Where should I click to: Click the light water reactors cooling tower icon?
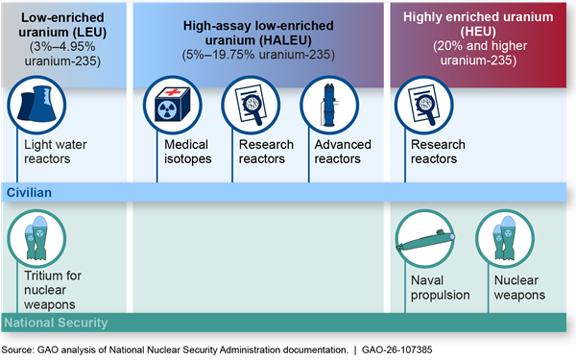point(36,105)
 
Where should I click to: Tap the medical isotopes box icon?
point(172,105)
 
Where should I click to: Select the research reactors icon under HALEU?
point(251,105)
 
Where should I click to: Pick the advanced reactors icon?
point(328,105)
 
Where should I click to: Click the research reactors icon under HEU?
point(424,105)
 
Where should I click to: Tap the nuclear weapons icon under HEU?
point(504,238)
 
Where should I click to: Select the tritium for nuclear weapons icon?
point(36,238)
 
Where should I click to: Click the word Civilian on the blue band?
point(29,193)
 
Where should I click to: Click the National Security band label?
point(56,323)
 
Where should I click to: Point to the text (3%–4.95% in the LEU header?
point(62,47)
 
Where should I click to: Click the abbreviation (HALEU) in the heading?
point(286,40)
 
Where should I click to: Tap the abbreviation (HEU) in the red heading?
point(478,32)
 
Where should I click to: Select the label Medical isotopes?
point(188,152)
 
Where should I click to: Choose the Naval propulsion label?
point(440,288)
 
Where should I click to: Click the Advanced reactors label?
point(343,152)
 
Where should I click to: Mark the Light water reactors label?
point(55,152)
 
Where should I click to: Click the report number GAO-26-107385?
point(397,349)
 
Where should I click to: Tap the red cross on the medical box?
point(173,91)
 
